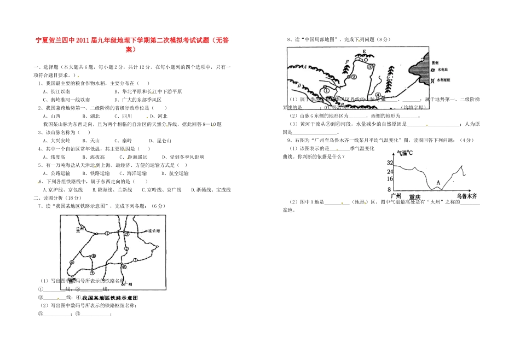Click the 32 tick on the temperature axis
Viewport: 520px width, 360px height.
(x=390, y=162)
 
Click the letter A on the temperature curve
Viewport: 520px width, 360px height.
(x=437, y=182)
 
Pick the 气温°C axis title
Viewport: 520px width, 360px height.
(x=405, y=153)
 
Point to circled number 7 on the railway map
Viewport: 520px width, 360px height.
(x=92, y=272)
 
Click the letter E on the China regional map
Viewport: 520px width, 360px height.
(x=364, y=52)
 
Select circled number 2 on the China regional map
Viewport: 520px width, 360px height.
(x=354, y=77)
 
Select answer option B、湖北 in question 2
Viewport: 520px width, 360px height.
(x=91, y=116)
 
